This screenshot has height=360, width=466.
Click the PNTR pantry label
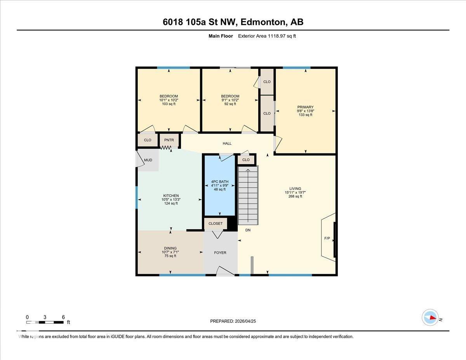[169, 140]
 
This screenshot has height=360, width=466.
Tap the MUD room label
[148, 160]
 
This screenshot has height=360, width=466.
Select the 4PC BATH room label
[220, 182]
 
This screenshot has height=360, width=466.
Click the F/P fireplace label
[327, 238]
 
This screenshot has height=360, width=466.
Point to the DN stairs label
[248, 230]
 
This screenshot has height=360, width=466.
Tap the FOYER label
[220, 253]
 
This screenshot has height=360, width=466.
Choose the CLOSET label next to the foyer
[216, 223]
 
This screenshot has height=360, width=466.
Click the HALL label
[227, 143]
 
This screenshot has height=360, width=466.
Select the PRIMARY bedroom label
[305, 107]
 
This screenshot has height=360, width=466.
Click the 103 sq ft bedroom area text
[169, 104]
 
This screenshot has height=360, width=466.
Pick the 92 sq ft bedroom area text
[230, 104]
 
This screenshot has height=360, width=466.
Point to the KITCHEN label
[171, 196]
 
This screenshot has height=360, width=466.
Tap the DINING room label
[170, 248]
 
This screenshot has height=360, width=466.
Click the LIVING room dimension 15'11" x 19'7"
[295, 193]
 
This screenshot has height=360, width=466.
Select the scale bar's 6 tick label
[63, 317]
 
